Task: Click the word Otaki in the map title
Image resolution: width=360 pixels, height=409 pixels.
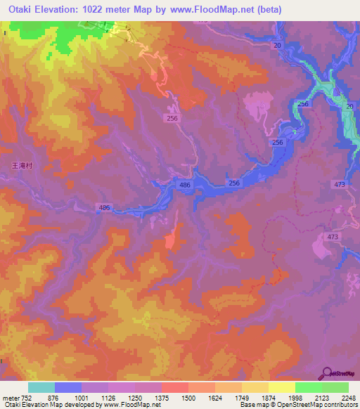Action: [22, 9]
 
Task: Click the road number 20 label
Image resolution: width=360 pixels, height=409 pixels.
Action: [277, 45]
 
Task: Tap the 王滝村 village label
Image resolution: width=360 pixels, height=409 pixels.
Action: [22, 167]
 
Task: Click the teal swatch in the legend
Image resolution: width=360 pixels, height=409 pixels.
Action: [41, 387]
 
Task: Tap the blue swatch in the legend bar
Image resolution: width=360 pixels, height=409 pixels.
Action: [68, 387]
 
